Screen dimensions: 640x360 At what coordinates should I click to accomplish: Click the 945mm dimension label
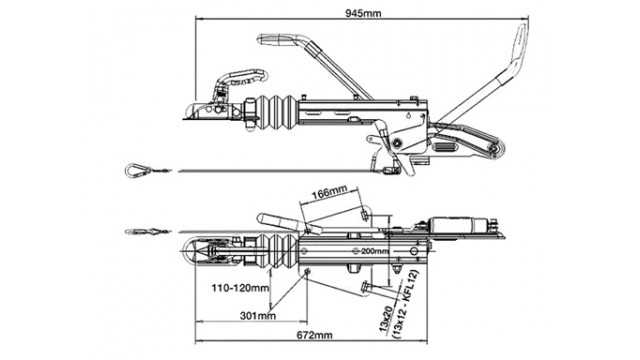click(363, 13)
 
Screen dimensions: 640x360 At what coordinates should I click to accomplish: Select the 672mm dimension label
click(314, 335)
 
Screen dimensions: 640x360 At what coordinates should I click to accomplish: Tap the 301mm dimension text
click(258, 316)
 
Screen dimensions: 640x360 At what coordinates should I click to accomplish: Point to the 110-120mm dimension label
click(240, 288)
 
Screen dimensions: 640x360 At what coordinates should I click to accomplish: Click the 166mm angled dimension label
click(330, 192)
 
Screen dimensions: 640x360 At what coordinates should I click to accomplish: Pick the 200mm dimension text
click(375, 251)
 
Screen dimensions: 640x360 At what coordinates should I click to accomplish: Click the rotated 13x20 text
click(386, 319)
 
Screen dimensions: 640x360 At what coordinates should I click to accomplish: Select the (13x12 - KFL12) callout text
click(405, 304)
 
